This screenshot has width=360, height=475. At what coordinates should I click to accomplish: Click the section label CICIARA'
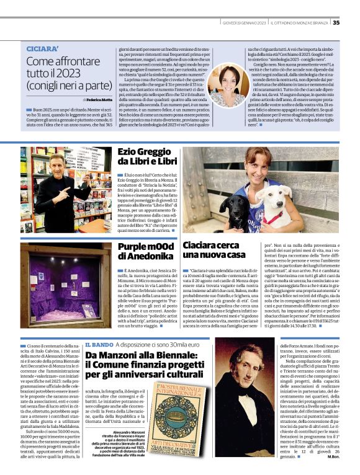point(43,48)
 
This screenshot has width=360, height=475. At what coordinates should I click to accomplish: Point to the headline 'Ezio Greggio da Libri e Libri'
point(147,156)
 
